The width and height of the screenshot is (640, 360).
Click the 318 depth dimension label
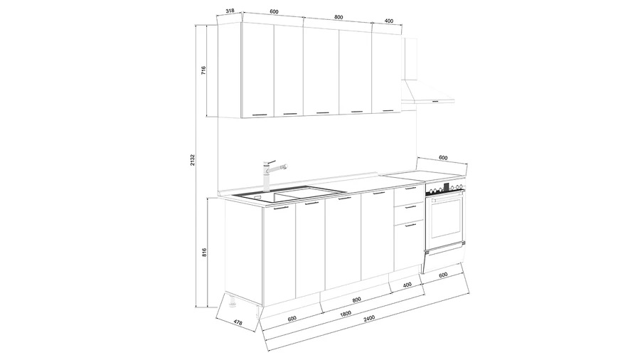click(x=230, y=11)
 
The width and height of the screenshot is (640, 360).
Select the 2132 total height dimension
click(x=193, y=160)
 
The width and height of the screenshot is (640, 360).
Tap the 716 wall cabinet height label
click(x=203, y=70)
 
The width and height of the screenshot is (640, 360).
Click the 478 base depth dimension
click(x=238, y=322)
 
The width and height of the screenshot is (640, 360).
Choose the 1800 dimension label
click(x=346, y=314)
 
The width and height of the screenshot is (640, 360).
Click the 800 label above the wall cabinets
click(x=338, y=17)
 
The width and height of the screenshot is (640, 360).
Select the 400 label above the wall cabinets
click(x=389, y=21)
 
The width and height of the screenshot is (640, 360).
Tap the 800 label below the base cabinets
click(x=357, y=300)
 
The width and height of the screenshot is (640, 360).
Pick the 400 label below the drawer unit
click(x=407, y=285)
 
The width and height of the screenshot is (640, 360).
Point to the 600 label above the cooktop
click(x=443, y=158)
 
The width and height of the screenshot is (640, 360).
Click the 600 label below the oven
click(x=443, y=275)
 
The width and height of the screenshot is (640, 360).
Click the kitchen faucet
click(x=272, y=176)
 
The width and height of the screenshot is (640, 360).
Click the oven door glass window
click(x=445, y=217)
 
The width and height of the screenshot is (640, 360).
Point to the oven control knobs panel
click(x=445, y=189)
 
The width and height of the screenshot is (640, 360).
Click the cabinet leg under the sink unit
click(x=233, y=300)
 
